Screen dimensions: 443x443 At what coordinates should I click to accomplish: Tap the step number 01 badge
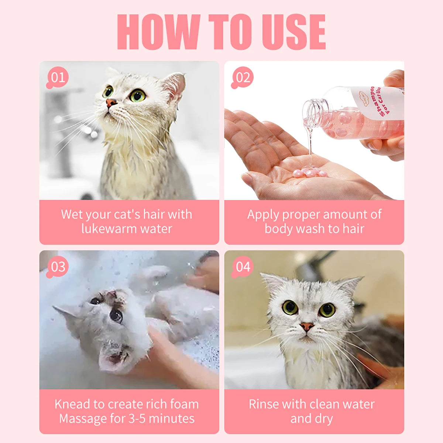coord(58,78)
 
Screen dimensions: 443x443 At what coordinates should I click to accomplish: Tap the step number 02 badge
coord(243,78)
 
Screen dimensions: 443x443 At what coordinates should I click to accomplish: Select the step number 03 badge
coord(58,267)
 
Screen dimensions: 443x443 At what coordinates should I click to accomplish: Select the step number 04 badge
coord(243,267)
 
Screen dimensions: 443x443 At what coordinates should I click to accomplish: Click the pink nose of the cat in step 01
coord(111,102)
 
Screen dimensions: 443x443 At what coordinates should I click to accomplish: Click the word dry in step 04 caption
coord(324,419)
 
